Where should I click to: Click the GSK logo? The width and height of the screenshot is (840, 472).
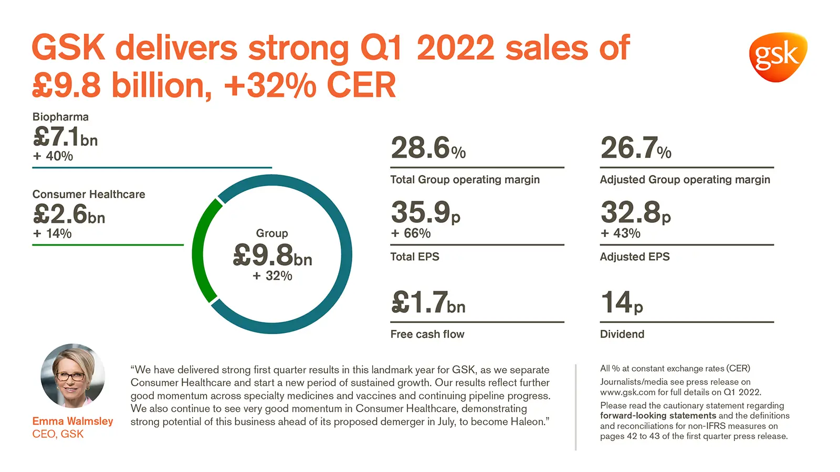pyautogui.click(x=778, y=57)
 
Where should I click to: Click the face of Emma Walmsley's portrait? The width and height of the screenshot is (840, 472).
pyautogui.click(x=72, y=374)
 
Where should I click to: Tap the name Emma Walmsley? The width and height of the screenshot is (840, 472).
pyautogui.click(x=72, y=421)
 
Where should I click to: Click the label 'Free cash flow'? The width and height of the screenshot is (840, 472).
pyautogui.click(x=427, y=334)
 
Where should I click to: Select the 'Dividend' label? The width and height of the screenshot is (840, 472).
pyautogui.click(x=622, y=334)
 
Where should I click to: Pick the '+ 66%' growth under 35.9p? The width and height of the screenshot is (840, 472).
pyautogui.click(x=411, y=233)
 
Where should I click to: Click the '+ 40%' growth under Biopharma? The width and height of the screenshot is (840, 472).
pyautogui.click(x=53, y=156)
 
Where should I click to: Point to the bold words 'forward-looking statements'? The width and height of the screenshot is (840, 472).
pyautogui.click(x=658, y=416)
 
